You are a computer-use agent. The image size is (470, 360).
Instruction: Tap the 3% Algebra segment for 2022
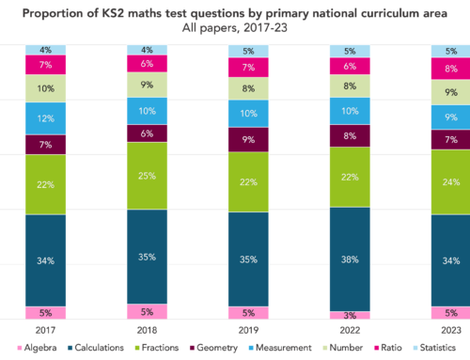(349, 317)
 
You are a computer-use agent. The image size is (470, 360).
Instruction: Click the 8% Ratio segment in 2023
(450, 68)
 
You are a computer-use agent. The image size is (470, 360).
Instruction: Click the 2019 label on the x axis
(247, 331)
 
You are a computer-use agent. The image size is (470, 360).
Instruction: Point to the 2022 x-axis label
(349, 331)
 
